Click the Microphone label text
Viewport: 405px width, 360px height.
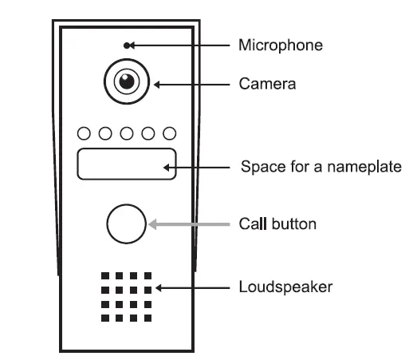[x=281, y=45]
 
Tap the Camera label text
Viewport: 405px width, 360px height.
[x=267, y=83]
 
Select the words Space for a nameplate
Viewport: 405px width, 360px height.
[x=320, y=168]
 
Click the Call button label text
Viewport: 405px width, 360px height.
[x=277, y=224]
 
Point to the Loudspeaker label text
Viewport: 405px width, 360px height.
[x=285, y=286]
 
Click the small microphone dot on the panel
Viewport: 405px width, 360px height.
[x=126, y=45]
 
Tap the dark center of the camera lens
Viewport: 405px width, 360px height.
[x=125, y=81]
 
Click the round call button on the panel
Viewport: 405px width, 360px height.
[x=126, y=224]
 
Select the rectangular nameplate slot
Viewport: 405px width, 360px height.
[x=126, y=164]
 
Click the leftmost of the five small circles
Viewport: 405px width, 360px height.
[x=84, y=133]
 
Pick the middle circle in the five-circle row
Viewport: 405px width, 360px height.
[x=126, y=133]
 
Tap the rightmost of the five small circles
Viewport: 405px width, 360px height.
[x=169, y=133]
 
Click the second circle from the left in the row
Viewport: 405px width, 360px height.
[x=105, y=133]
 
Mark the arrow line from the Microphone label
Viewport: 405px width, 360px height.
[x=179, y=45]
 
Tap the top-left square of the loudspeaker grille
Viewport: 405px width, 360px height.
[x=104, y=276]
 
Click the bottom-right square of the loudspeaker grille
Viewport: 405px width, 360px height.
[x=147, y=318]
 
